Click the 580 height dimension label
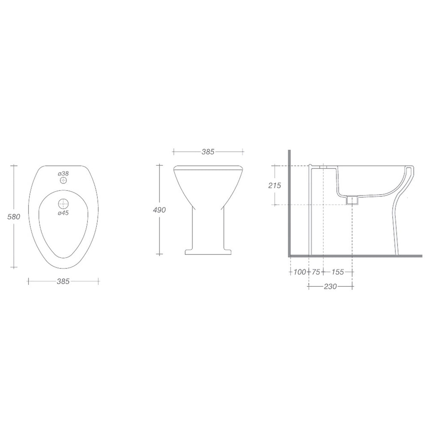(x=14, y=216)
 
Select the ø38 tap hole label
(x=63, y=173)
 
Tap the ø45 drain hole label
(x=63, y=212)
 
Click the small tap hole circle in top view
(x=63, y=181)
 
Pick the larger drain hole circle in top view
(x=63, y=203)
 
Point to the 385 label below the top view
(x=63, y=281)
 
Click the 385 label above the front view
(x=208, y=152)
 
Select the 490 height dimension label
(x=159, y=210)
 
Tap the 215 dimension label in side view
(x=274, y=185)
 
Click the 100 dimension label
(x=300, y=272)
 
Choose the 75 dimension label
(x=316, y=272)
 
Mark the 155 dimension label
(x=337, y=272)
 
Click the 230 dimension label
(x=330, y=286)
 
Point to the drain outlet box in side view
(x=352, y=200)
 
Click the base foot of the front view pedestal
(x=208, y=251)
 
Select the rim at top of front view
(x=208, y=167)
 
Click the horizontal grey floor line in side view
(x=356, y=256)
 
